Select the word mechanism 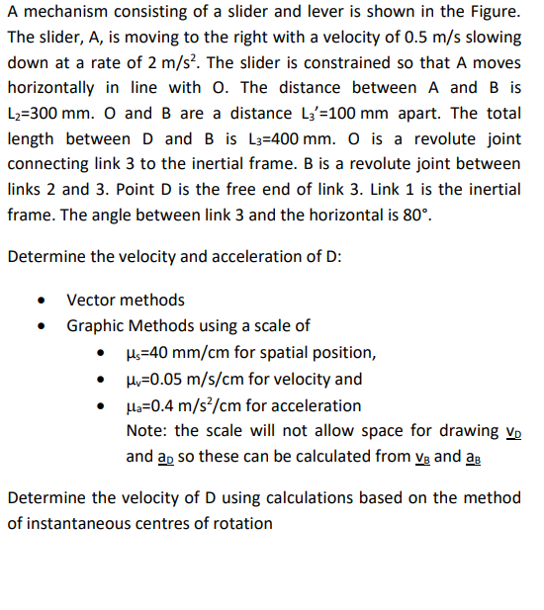click(65, 11)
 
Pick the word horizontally click(55, 88)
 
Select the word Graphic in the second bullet click(96, 325)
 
